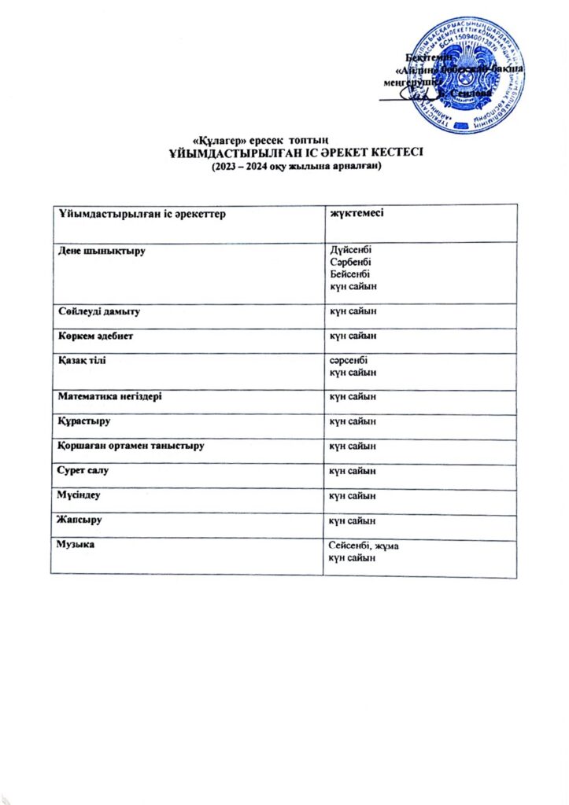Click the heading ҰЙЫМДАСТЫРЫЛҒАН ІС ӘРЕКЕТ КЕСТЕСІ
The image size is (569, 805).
coord(297,152)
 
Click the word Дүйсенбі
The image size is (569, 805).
coord(350,251)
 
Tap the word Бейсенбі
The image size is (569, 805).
coord(350,274)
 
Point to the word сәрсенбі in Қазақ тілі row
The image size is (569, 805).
coord(348,360)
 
